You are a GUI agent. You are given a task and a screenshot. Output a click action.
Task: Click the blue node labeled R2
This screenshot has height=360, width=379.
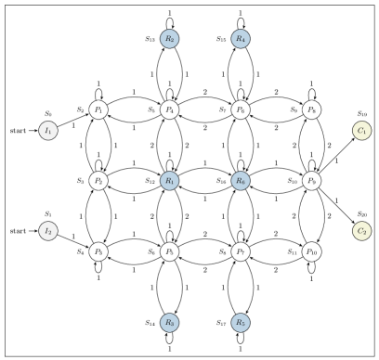pyautogui.click(x=169, y=39)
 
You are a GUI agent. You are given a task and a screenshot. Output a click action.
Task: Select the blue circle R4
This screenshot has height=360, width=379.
pyautogui.click(x=241, y=39)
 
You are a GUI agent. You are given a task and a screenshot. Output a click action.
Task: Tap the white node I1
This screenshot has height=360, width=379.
pyautogui.click(x=48, y=131)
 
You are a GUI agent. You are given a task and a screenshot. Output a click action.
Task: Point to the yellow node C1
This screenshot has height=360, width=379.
pyautogui.click(x=362, y=131)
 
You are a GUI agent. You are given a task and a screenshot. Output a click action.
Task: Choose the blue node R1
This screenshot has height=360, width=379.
pyautogui.click(x=169, y=181)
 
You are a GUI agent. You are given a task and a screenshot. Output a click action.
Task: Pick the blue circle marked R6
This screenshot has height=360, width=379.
pyautogui.click(x=241, y=181)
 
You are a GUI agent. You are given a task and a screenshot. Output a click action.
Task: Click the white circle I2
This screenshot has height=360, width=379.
pyautogui.click(x=48, y=230)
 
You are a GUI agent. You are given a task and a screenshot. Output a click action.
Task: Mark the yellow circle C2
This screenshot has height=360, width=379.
pyautogui.click(x=362, y=230)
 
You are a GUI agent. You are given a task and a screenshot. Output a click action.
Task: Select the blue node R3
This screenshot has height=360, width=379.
pyautogui.click(x=169, y=323)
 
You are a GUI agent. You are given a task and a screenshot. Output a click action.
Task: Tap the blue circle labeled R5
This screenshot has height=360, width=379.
pyautogui.click(x=241, y=323)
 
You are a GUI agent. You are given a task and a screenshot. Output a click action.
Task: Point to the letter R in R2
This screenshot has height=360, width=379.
pyautogui.click(x=167, y=39)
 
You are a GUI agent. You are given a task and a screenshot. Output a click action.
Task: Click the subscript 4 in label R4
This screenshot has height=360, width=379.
pyautogui.click(x=244, y=41)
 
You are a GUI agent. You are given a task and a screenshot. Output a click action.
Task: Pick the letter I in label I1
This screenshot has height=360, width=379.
pyautogui.click(x=46, y=131)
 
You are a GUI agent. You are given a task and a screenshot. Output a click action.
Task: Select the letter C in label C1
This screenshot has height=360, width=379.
pyautogui.click(x=360, y=131)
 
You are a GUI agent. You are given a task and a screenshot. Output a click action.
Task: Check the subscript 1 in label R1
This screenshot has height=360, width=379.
pyautogui.click(x=173, y=183)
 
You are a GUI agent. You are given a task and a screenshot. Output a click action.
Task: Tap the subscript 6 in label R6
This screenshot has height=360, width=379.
pyautogui.click(x=244, y=183)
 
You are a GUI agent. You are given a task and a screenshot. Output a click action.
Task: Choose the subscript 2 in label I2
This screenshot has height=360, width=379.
pyautogui.click(x=51, y=232)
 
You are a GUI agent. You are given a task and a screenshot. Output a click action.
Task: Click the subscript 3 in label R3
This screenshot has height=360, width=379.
pyautogui.click(x=173, y=325)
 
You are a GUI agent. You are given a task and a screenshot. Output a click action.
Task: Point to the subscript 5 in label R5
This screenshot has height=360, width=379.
pyautogui.click(x=244, y=325)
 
